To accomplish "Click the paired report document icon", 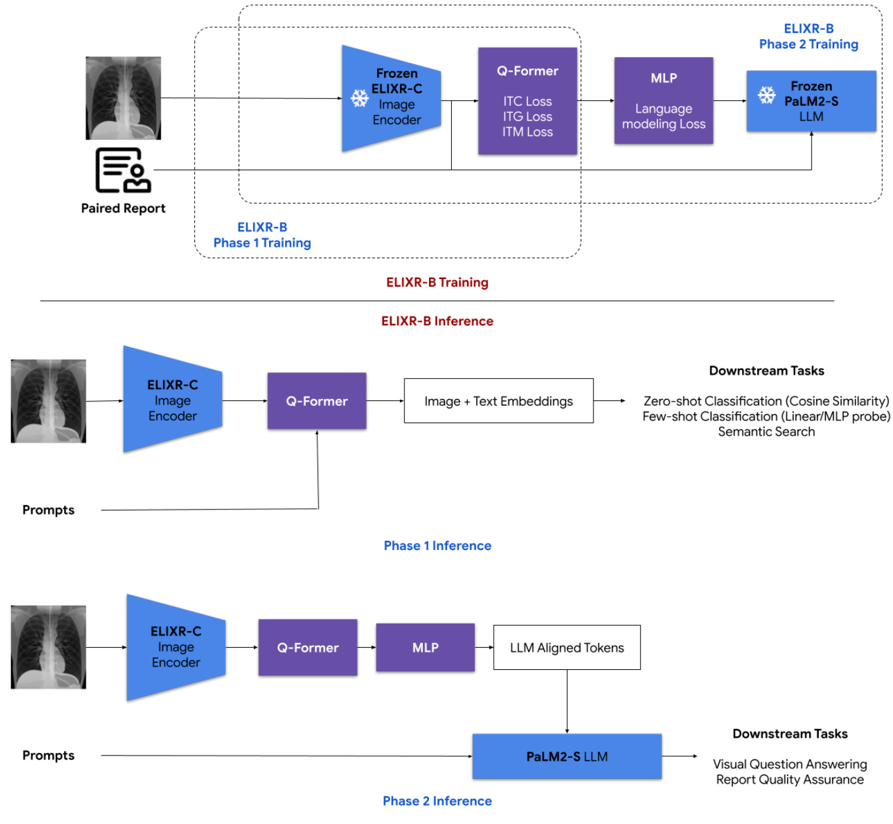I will (x=123, y=170).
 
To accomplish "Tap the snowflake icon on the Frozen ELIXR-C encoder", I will (x=360, y=98).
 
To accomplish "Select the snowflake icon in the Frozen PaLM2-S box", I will (x=767, y=95).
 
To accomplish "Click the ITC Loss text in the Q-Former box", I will (x=527, y=101).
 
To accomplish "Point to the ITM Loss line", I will (x=527, y=132).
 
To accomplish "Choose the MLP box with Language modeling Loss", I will (x=663, y=101).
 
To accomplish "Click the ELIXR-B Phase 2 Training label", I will (x=809, y=37).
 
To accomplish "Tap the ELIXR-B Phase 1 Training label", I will (x=262, y=235).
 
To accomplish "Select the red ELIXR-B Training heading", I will (x=437, y=282).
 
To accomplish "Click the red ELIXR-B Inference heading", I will (x=437, y=321).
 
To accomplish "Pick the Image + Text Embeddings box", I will (x=498, y=401).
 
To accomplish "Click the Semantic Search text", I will (x=766, y=432).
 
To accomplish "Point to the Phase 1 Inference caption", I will (x=437, y=546).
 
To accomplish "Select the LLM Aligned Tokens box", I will (x=567, y=648).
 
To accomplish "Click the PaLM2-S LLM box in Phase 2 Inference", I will (x=567, y=756).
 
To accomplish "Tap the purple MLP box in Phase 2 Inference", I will (x=425, y=648).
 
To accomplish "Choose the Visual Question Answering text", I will (x=790, y=764).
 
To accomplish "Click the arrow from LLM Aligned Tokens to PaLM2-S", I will (x=567, y=701).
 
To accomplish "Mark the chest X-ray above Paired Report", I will (x=123, y=98).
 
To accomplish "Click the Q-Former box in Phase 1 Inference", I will (x=317, y=401).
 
